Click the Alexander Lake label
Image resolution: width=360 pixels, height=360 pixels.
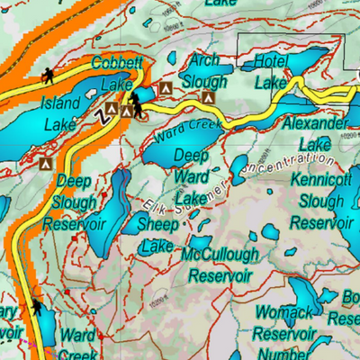pos(314,133)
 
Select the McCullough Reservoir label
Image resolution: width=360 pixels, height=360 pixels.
pos(220,265)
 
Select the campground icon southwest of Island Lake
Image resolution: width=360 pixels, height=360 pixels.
pos(46,164)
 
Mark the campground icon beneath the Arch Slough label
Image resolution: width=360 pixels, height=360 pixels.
pos(209,94)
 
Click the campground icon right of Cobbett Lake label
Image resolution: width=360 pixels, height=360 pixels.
pos(165,88)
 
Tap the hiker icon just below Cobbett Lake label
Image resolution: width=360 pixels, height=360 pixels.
pos(136,99)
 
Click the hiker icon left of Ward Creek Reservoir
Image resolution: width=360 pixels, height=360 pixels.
pos(37,310)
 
